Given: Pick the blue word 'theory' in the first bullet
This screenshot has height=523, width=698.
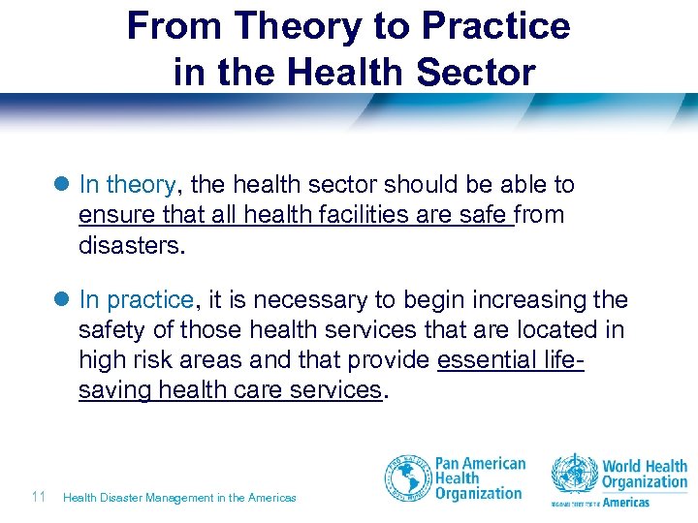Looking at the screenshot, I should click(140, 185).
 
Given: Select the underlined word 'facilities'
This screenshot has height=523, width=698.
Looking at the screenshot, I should click(365, 216).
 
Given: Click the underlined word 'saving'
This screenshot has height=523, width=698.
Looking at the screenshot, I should click(115, 390).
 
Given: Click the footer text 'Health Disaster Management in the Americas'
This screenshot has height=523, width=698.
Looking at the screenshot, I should click(179, 498).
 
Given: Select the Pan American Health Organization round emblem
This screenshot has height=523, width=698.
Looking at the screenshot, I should click(407, 478).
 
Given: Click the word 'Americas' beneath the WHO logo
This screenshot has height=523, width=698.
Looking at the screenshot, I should click(626, 503).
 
